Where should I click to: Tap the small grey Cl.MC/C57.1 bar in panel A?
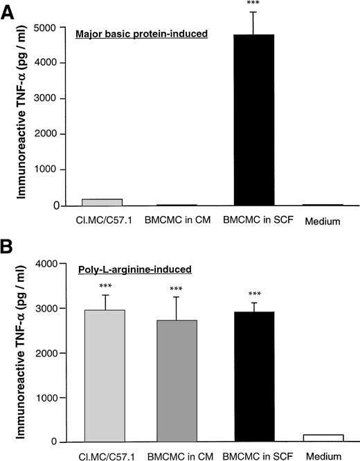tap(102, 202)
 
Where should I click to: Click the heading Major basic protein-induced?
tap(141, 33)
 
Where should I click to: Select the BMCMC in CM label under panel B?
tap(179, 455)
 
